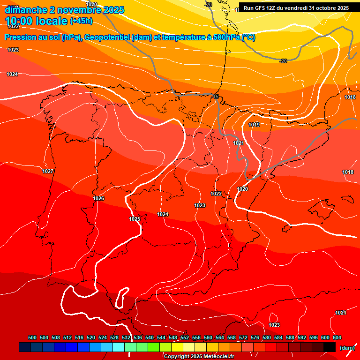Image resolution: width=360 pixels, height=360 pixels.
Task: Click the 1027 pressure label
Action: coord(48,171)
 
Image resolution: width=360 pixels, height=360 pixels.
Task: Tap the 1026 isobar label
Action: coord(98,198)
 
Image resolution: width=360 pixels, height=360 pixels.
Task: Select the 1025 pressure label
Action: coord(135,219)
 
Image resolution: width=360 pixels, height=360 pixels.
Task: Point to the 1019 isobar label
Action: coord(254,125)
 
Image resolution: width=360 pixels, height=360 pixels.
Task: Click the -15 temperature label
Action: coord(215,97)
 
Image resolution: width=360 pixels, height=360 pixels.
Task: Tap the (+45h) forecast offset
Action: coord(81,21)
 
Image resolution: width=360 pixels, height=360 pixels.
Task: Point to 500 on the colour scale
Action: coord(32,337)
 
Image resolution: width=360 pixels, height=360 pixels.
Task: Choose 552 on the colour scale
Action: coord(185,337)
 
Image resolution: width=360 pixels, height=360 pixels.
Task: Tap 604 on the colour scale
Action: coord(337,337)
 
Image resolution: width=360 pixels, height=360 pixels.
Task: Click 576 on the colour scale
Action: coord(255,337)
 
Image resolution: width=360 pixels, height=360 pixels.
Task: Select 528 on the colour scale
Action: coord(114,337)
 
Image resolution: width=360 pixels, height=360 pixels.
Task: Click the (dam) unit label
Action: coord(347,348)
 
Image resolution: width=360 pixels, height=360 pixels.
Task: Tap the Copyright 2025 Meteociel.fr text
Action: coord(199,357)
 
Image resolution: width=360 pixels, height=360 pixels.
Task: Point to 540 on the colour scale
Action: coord(150,337)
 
